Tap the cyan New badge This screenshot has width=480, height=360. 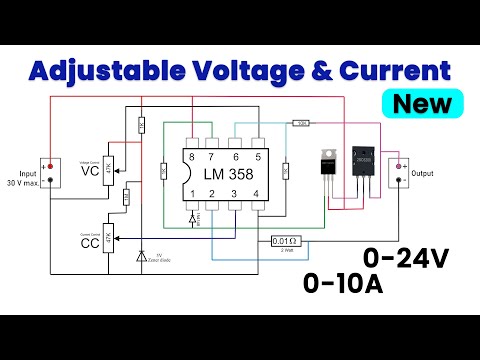[421, 103]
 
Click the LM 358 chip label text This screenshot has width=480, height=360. [223, 174]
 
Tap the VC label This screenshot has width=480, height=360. [90, 172]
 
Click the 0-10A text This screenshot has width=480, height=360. [343, 285]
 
